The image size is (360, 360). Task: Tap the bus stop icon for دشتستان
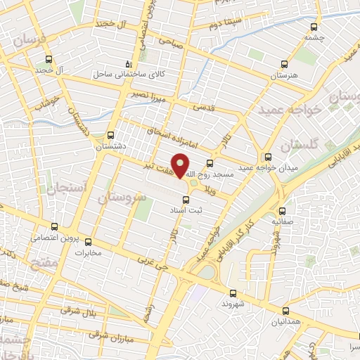(x=110, y=135)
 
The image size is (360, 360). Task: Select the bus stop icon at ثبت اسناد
(x=186, y=199)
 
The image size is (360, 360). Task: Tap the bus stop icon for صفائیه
(x=283, y=210)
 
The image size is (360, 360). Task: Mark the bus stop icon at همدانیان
(x=285, y=310)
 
